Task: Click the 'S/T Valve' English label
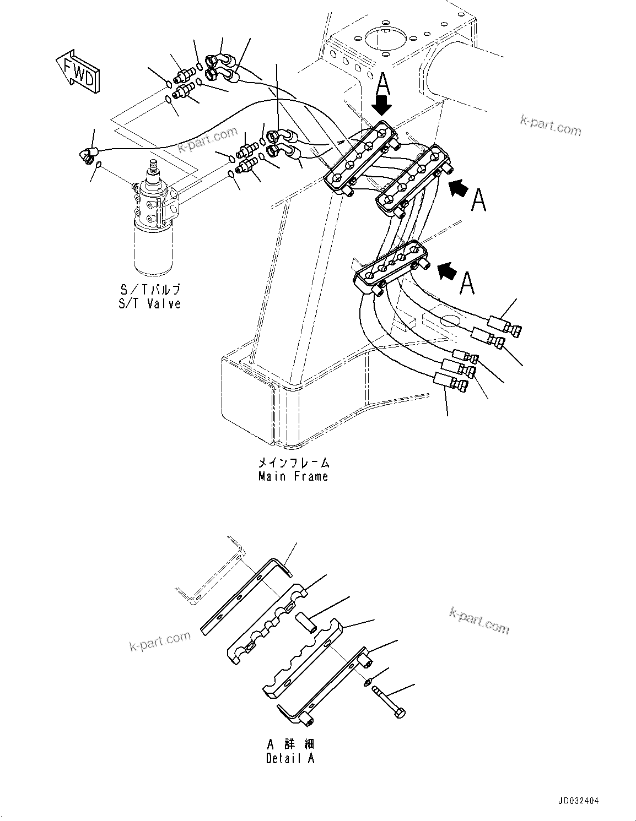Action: (149, 303)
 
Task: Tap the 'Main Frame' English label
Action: (293, 476)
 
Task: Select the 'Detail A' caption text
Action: (290, 758)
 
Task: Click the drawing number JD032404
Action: (575, 801)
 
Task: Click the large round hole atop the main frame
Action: (384, 41)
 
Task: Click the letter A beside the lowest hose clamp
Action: (467, 283)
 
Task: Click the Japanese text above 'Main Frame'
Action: (293, 463)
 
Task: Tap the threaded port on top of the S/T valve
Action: (153, 166)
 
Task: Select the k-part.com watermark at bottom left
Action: (160, 641)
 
